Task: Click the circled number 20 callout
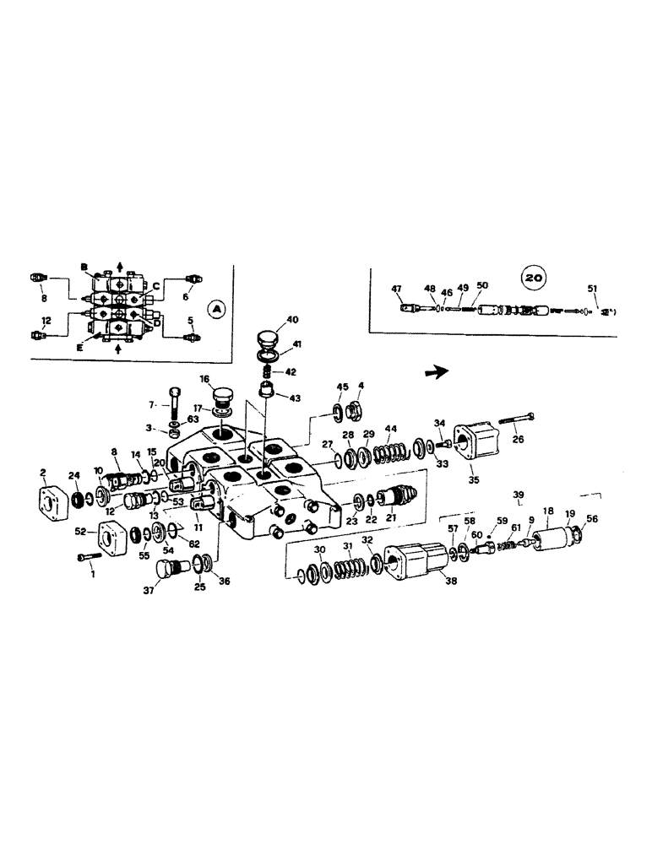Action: [533, 276]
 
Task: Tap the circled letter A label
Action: [216, 310]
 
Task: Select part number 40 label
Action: [292, 320]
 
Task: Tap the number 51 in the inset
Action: [592, 289]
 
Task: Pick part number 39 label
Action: [519, 494]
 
